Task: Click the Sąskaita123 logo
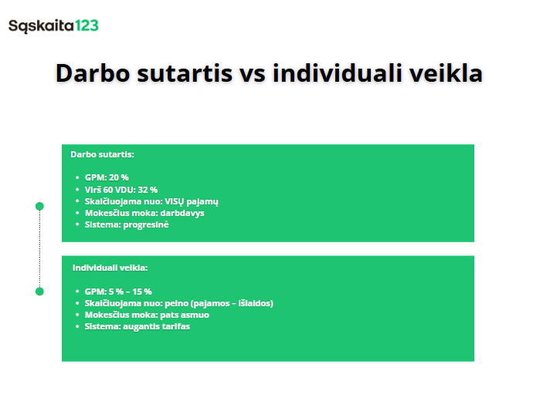pos(53,25)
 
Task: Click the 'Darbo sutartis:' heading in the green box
pos(102,154)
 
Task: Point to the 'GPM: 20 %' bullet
pos(107,177)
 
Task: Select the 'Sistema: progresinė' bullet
pos(127,224)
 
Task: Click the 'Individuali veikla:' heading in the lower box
pos(110,268)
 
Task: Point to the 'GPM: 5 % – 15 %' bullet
pos(118,292)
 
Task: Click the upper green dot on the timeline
pos(40,206)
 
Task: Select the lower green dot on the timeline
pos(40,291)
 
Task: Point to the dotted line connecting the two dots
pos(40,248)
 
